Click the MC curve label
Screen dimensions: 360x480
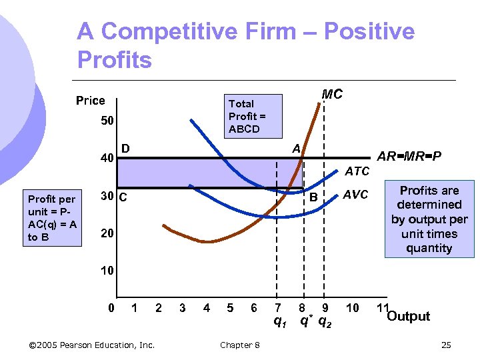(x=331, y=95)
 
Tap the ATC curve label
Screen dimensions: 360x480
(x=357, y=171)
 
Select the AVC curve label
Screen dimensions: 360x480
(x=355, y=195)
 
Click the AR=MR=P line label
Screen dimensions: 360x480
(x=410, y=157)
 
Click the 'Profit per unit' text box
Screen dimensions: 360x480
(x=52, y=218)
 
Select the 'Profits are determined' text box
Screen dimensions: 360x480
(x=429, y=219)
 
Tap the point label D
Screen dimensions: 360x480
(x=125, y=147)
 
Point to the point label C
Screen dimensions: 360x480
(x=123, y=197)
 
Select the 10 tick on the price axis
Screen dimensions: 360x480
(x=107, y=271)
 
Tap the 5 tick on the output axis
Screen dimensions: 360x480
(x=230, y=308)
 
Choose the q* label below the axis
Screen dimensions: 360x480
(x=305, y=323)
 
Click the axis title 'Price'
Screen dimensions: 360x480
(x=90, y=101)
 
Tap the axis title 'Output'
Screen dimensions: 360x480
(x=408, y=316)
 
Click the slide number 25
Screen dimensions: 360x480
(x=446, y=345)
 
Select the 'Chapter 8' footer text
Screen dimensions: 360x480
(x=239, y=345)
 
